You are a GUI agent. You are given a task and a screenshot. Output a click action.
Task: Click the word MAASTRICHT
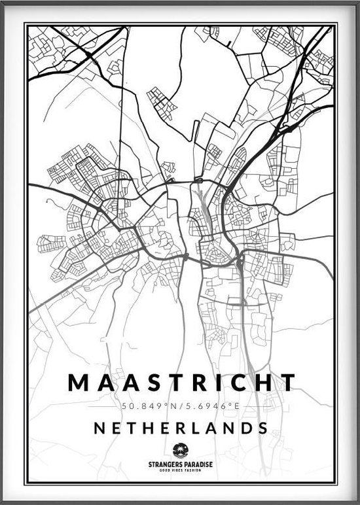pos(181,383)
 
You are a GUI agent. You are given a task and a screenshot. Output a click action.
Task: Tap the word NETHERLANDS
pos(181,428)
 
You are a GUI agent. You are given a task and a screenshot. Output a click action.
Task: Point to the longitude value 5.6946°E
pos(211,407)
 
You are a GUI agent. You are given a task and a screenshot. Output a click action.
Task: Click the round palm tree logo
pos(180,451)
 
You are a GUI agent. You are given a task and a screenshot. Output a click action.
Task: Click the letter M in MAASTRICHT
pos(78,383)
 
